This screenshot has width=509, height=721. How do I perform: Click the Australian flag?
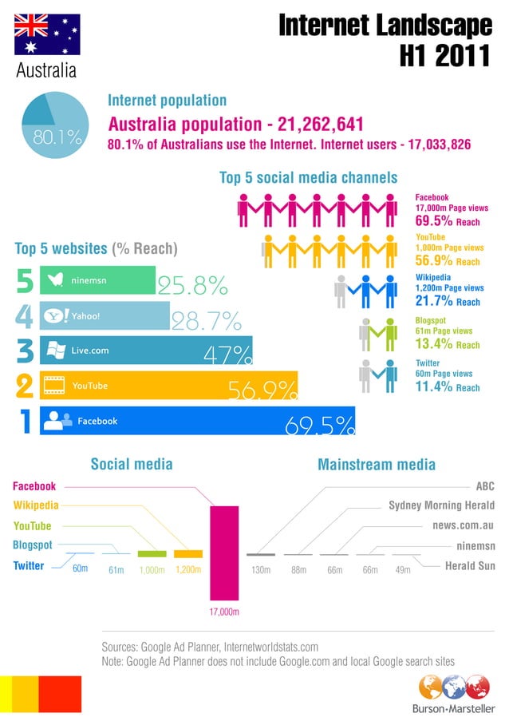point(47,34)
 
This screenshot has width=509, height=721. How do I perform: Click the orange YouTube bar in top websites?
point(160,386)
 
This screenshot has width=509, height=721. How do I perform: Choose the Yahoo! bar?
point(105,315)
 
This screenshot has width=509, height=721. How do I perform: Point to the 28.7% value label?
point(206,321)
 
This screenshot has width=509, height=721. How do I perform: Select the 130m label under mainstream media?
point(260,570)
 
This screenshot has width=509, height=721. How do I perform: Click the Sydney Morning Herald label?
point(441,505)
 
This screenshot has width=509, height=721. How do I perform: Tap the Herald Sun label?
point(469,565)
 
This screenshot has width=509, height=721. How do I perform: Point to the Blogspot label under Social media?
point(33,545)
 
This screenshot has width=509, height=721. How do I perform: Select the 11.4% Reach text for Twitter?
point(447,387)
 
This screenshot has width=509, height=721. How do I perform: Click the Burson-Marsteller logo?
point(453,694)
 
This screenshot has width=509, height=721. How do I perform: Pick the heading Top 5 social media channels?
point(308,176)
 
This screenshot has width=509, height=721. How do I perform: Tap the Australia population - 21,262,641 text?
point(235,125)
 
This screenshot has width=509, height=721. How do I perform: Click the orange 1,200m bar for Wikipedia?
point(188,553)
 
